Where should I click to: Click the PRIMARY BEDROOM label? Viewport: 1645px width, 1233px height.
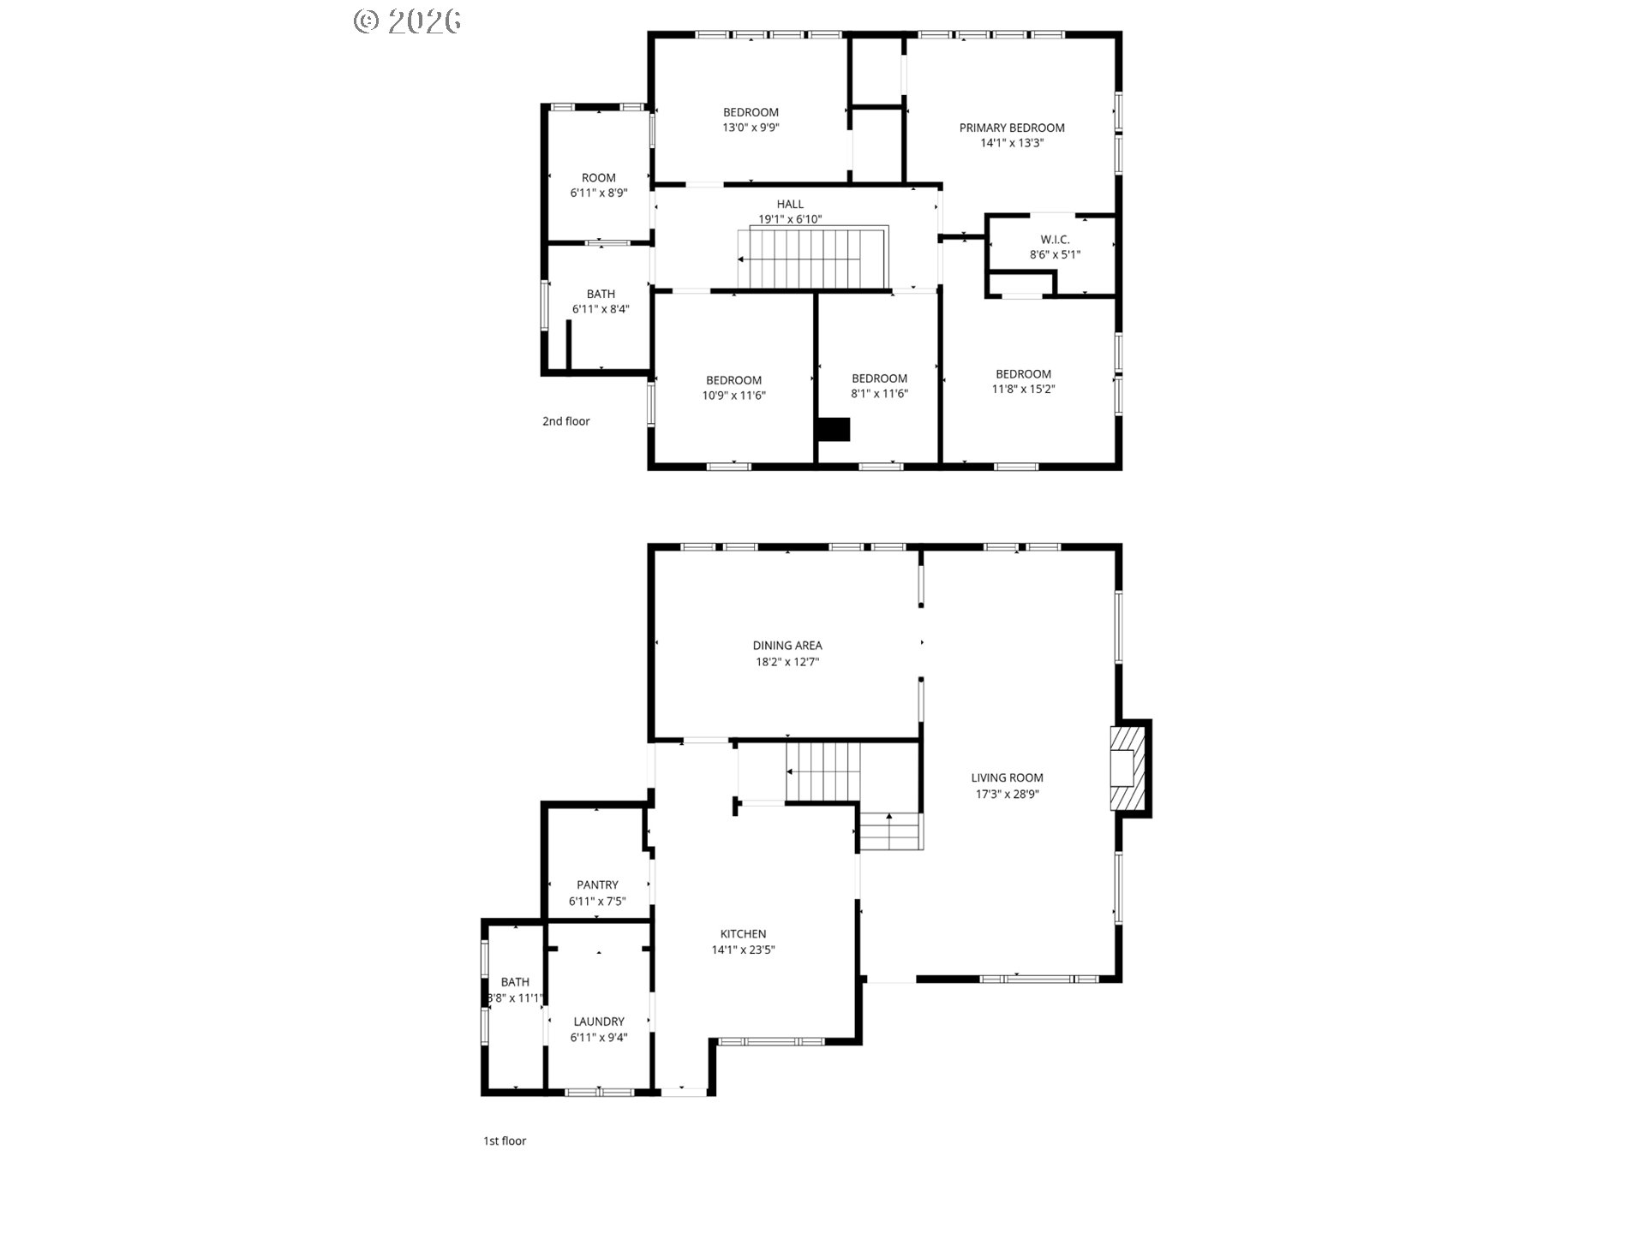pos(1012,128)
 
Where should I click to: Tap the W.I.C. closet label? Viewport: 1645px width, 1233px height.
pos(1055,240)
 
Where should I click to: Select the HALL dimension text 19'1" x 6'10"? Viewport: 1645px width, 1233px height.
pos(790,219)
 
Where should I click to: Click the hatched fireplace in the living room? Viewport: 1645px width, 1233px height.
pos(1128,768)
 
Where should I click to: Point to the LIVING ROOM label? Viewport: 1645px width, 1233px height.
pos(1007,777)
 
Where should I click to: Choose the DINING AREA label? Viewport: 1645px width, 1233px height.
pos(787,646)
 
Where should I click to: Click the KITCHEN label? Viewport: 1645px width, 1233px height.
pos(743,934)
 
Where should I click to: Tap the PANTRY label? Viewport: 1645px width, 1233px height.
pos(597,885)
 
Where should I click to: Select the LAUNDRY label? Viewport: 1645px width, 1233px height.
pos(599,1022)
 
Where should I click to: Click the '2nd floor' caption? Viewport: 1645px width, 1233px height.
pos(566,421)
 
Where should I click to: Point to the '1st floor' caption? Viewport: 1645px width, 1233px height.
pos(505,1141)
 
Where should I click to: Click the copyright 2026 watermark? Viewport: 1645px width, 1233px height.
pos(408,21)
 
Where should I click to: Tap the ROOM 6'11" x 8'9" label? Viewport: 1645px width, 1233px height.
pos(599,186)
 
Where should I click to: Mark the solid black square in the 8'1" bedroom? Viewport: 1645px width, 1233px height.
pos(833,429)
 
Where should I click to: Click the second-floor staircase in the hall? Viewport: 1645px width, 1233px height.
pos(812,257)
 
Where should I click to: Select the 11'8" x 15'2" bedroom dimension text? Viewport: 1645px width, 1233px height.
pos(1023,389)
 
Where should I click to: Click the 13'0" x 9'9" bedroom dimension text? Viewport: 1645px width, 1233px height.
pos(751,128)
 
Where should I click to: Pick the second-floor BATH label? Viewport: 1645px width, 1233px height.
pos(601,295)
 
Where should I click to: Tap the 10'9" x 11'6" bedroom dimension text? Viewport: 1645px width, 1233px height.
pos(733,396)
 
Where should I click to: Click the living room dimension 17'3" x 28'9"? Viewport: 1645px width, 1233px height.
pos(1007,794)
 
